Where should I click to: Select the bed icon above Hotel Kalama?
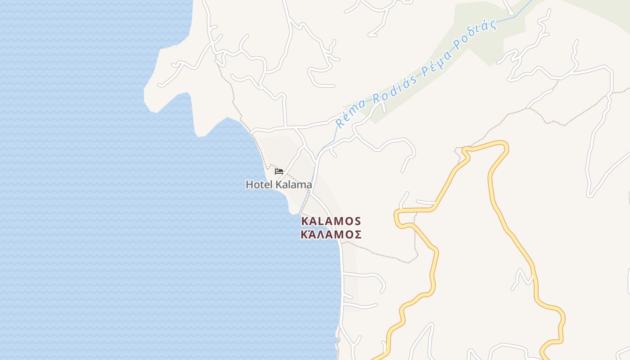(x=279, y=171)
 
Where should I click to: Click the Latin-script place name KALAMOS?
(x=331, y=221)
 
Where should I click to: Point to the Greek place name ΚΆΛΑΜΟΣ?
(x=331, y=234)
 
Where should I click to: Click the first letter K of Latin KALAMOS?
(x=305, y=221)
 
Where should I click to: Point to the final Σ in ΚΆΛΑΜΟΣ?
(x=358, y=234)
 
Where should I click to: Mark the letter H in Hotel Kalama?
(x=249, y=184)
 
